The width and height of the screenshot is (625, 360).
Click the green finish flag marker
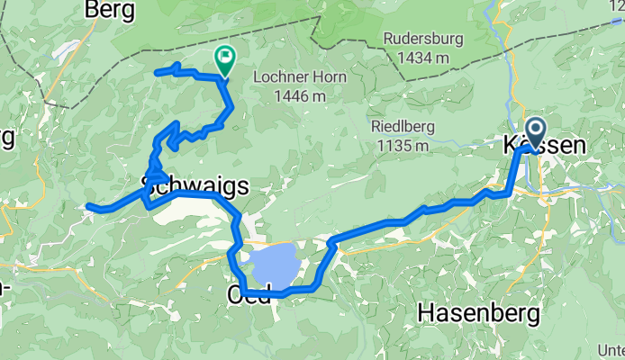pyautogui.click(x=222, y=59)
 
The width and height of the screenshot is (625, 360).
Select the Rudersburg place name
pyautogui.click(x=415, y=40)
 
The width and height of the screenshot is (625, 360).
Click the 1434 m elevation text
pyautogui.click(x=415, y=58)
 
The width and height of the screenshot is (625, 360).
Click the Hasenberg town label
pyautogui.click(x=478, y=312)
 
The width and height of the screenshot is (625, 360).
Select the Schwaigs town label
pyautogui.click(x=194, y=184)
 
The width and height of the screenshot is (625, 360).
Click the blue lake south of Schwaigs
pyautogui.click(x=274, y=264)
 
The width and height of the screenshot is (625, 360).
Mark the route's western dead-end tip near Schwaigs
pyautogui.click(x=88, y=207)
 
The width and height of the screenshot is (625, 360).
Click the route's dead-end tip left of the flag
pyautogui.click(x=158, y=71)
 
